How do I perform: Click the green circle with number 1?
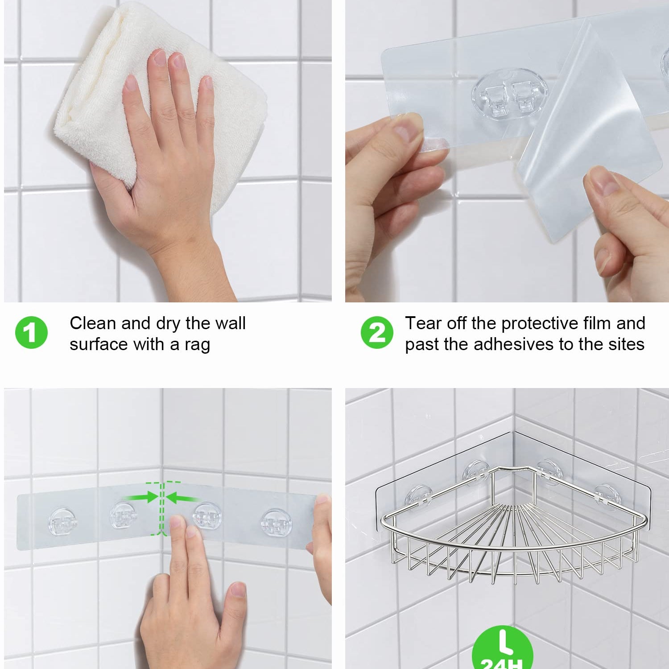pyautogui.click(x=31, y=333)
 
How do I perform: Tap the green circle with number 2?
pyautogui.click(x=377, y=333)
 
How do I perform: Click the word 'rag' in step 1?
pyautogui.click(x=197, y=346)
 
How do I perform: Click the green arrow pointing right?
pyautogui.click(x=140, y=497)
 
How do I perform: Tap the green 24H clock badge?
pyautogui.click(x=503, y=649)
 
